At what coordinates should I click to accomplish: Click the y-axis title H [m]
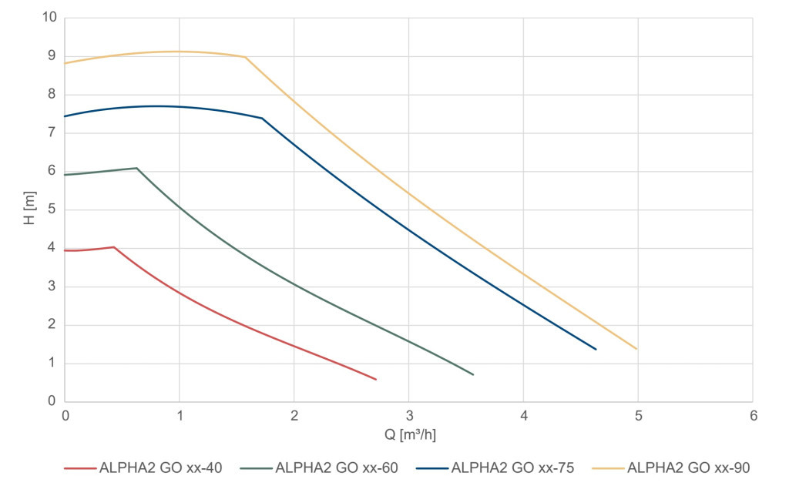[29, 209]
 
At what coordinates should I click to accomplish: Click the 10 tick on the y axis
[49, 18]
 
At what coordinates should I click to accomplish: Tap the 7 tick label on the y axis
[52, 132]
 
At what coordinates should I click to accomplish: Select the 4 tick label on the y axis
[52, 248]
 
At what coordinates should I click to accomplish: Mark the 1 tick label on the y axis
[52, 363]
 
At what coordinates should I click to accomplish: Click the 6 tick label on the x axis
[753, 416]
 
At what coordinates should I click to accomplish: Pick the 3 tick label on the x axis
[408, 416]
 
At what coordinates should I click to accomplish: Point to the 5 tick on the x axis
[638, 416]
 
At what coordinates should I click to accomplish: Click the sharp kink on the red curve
[114, 247]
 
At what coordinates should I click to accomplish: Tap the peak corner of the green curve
[136, 168]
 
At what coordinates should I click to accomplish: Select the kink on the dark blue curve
[262, 118]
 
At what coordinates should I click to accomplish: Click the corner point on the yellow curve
[245, 57]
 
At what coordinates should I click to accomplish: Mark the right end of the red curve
[376, 379]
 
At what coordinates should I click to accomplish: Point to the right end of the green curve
[473, 374]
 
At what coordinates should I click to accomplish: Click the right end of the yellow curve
[637, 349]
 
